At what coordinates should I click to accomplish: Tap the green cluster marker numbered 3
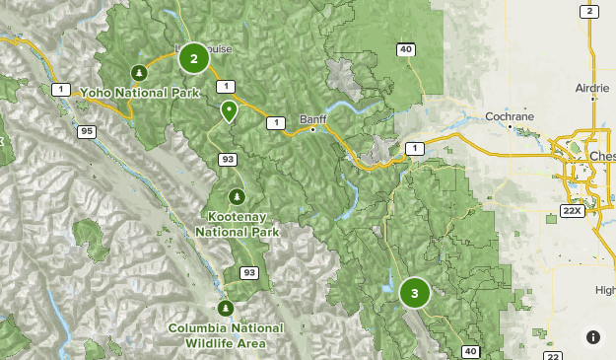pos(415,293)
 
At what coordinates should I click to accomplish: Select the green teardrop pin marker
pos(229,110)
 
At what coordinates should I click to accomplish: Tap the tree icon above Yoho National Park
pos(140,72)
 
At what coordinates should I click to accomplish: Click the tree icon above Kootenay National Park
pos(237,195)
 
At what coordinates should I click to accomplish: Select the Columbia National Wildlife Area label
pos(226,335)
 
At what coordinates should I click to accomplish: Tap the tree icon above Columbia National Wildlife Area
pos(226,308)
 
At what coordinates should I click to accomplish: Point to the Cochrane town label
pos(510,115)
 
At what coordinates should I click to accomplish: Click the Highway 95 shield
pos(88,130)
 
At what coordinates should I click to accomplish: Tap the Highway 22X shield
pos(572,211)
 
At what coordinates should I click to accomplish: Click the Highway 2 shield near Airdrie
pos(588,12)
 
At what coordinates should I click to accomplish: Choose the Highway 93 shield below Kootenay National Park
pos(249,272)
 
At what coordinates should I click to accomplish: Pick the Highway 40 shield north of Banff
pos(406,49)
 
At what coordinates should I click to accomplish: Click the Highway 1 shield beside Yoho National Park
pos(61,90)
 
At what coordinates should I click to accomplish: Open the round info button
pos(593,337)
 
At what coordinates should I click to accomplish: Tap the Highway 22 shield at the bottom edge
pos(554,356)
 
